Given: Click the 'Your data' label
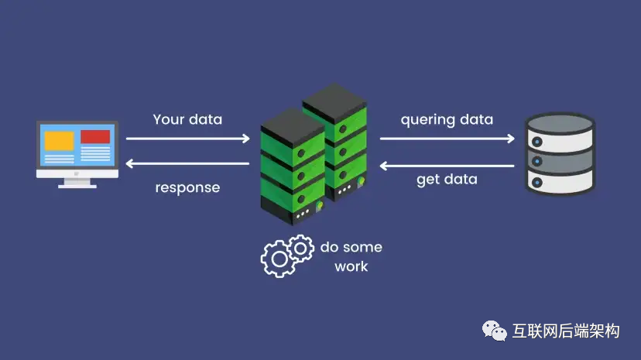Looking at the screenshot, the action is coord(187,119).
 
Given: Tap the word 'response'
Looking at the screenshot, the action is coord(187,187).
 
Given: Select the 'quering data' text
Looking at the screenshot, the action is coord(447,120).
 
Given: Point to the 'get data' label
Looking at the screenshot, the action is coord(447,180).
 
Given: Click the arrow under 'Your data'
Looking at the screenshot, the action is coord(187,139).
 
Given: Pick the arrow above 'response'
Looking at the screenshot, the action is coord(187,163).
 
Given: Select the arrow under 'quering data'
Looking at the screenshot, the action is coord(447,139).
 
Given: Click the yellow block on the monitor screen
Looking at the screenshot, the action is coord(59,140).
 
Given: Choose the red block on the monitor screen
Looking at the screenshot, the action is coord(95,137).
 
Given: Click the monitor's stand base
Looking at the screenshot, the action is coord(77,185).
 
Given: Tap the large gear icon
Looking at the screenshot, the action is coord(278,259).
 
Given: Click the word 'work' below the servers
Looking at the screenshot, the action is coord(351,266).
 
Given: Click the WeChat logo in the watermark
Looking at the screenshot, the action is coord(495,331).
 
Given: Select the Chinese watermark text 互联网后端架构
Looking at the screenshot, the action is coord(567,332).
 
